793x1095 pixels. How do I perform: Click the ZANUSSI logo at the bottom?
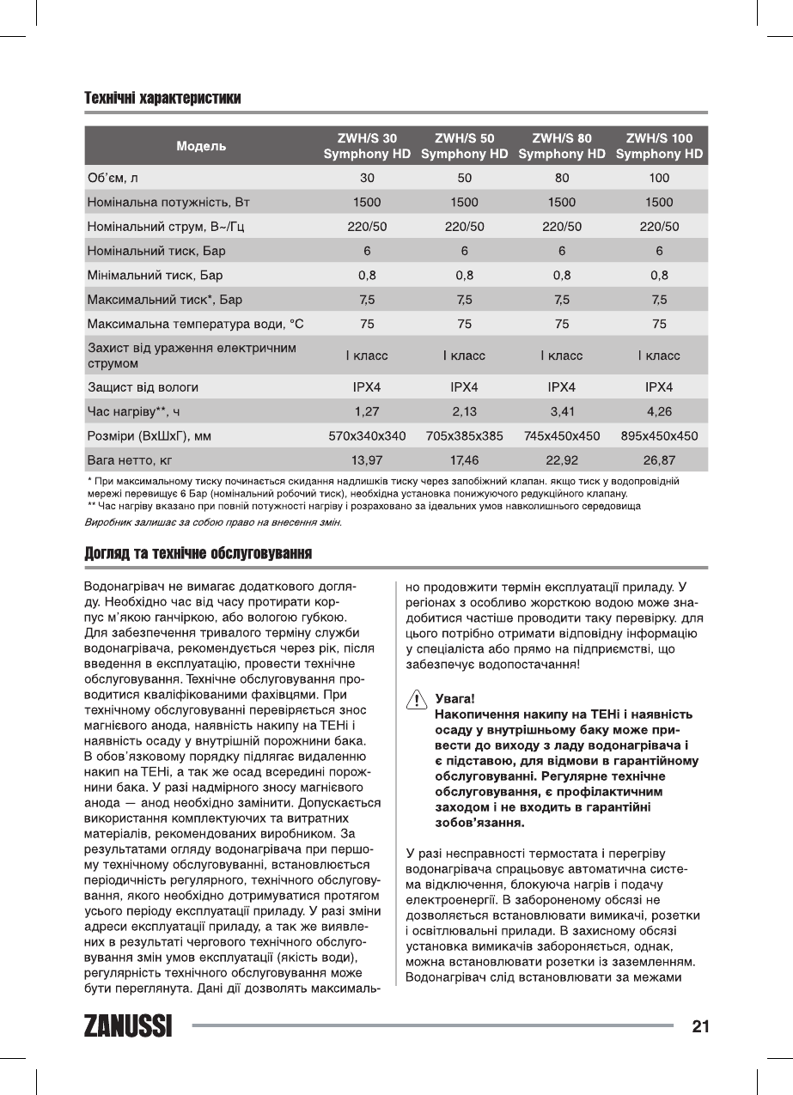coord(128,1025)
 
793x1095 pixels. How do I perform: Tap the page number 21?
coord(699,1025)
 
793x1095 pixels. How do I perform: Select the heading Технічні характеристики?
coord(162,98)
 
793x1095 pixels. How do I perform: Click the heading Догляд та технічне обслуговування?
coord(197,552)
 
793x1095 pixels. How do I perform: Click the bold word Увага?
coord(455,699)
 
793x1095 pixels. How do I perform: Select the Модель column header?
coord(201,146)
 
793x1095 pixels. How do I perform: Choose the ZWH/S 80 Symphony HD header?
coord(562,146)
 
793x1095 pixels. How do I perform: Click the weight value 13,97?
coord(367,460)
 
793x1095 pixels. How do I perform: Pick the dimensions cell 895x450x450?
coord(659,435)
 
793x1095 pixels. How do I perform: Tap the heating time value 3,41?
coord(562,411)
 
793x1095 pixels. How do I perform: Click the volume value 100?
coord(659,178)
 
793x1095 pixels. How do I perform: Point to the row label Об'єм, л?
coord(113,178)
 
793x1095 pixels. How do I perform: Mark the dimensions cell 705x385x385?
coord(464,435)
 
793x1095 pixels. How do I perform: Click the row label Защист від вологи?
coord(143,387)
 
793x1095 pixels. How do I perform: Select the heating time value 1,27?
coord(367,411)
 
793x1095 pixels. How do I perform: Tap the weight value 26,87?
coord(659,460)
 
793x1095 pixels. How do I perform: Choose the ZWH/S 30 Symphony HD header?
coord(367,146)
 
